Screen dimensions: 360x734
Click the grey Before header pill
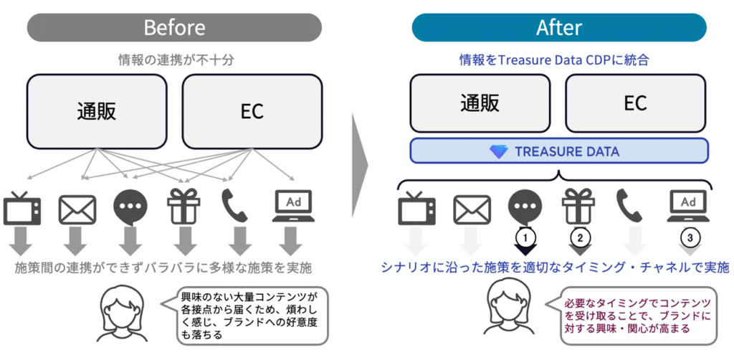click(174, 28)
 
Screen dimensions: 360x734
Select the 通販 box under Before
click(97, 111)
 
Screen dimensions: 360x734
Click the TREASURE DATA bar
click(558, 151)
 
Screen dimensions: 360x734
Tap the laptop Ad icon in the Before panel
click(294, 207)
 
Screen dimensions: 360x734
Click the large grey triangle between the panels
click(361, 165)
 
